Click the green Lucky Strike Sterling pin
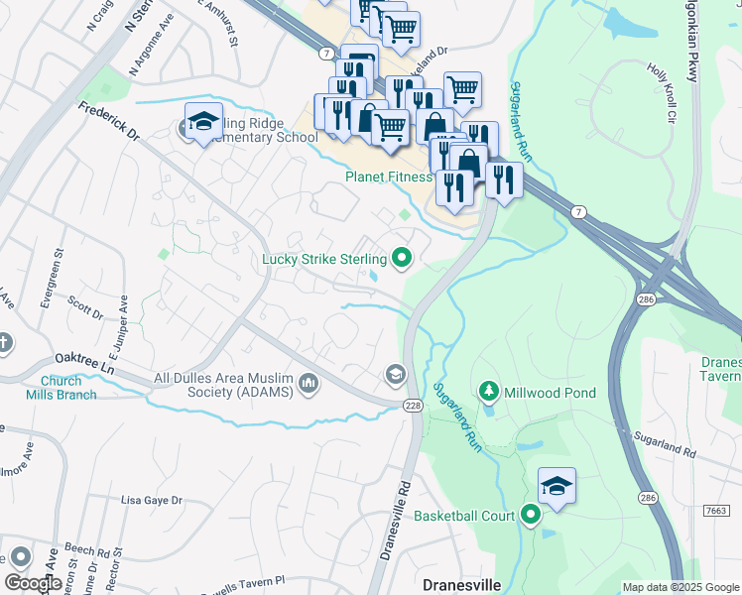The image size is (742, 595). pyautogui.click(x=402, y=259)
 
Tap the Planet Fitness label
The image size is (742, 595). pyautogui.click(x=388, y=178)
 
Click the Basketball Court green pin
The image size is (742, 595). pyautogui.click(x=531, y=515)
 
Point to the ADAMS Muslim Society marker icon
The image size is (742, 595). pyautogui.click(x=309, y=383)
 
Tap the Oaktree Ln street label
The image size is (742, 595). pyautogui.click(x=85, y=365)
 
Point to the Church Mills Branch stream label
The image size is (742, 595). pyautogui.click(x=68, y=388)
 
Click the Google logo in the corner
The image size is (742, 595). pyautogui.click(x=33, y=582)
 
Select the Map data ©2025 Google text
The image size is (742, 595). pyautogui.click(x=679, y=587)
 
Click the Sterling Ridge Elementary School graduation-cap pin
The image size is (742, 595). pyautogui.click(x=203, y=122)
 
